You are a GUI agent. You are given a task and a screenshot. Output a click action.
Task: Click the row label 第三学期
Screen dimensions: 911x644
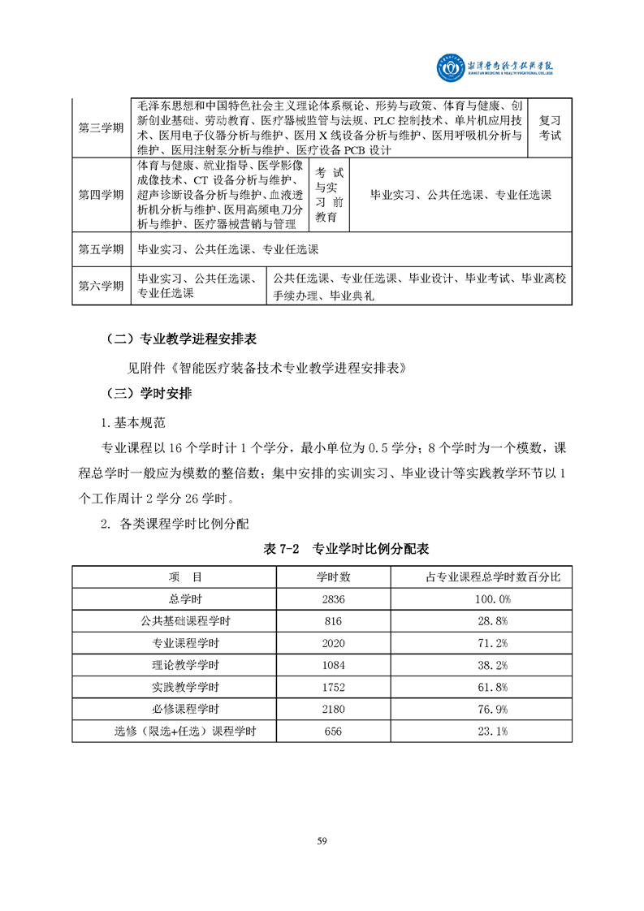point(101,128)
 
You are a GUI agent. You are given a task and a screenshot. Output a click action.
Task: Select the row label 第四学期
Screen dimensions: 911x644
point(101,195)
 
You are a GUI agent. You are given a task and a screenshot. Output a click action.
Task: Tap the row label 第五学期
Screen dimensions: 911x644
point(101,249)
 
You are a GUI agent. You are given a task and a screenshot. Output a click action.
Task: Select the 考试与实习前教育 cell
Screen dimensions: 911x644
point(330,195)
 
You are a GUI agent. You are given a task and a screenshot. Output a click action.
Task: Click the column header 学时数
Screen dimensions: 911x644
point(333,576)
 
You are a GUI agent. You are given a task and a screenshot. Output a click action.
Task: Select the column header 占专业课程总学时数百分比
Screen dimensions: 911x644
point(482,576)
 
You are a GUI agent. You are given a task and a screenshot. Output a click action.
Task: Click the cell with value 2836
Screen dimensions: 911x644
point(333,598)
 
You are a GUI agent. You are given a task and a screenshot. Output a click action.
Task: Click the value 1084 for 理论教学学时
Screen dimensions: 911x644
point(333,665)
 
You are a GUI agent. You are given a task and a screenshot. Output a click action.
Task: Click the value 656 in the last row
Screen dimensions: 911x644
point(333,731)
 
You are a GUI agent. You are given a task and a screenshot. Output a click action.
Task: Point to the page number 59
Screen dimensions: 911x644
point(322,840)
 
